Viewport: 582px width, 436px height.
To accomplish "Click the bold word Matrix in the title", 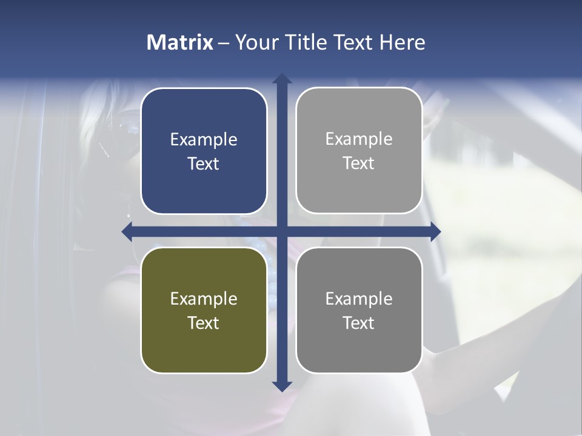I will coord(180,42).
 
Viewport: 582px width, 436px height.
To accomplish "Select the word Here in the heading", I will coord(402,42).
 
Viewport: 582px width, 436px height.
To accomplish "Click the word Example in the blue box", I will coord(204,140).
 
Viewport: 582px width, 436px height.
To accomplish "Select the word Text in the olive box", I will coord(204,323).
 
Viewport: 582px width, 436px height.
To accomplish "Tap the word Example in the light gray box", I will coord(359,139).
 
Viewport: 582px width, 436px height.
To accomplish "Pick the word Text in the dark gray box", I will coord(359,323).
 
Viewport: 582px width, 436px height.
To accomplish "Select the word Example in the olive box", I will coord(204,299).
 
